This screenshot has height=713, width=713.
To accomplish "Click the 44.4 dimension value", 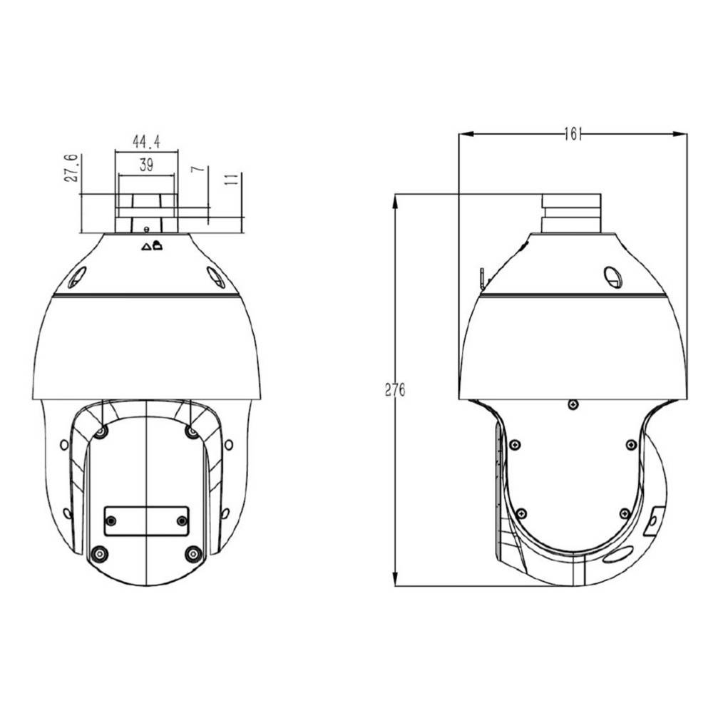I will point(145,142).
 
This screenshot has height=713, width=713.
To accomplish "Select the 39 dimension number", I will point(146,166).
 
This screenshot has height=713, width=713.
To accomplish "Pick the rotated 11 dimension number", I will point(230,179).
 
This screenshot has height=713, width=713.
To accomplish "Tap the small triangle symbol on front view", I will point(146,247).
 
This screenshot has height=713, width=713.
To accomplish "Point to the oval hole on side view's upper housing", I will point(612,277).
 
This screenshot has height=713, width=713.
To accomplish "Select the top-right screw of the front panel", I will point(191,431).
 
